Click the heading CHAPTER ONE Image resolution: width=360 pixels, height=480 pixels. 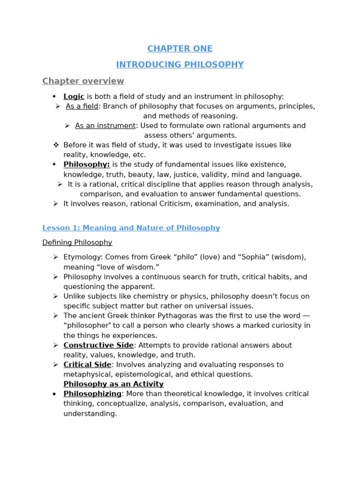pyautogui.click(x=180, y=49)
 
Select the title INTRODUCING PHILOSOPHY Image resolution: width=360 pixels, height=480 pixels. pyautogui.click(x=180, y=65)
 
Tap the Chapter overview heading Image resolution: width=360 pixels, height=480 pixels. pyautogui.click(x=83, y=81)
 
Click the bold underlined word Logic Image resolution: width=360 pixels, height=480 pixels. pyautogui.click(x=74, y=97)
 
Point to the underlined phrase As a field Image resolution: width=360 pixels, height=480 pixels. pyautogui.click(x=82, y=106)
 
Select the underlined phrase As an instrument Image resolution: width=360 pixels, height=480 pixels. pyautogui.click(x=105, y=126)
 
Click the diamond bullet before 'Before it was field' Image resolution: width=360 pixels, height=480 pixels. pyautogui.click(x=56, y=145)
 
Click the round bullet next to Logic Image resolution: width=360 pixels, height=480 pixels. pyautogui.click(x=54, y=97)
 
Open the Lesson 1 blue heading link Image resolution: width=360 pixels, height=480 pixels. pyautogui.click(x=131, y=228)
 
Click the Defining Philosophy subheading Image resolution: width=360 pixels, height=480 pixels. pyautogui.click(x=77, y=242)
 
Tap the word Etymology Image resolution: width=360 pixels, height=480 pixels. pyautogui.click(x=83, y=257)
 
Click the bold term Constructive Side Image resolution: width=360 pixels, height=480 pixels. pyautogui.click(x=98, y=345)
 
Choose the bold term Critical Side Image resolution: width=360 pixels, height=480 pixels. pyautogui.click(x=87, y=365)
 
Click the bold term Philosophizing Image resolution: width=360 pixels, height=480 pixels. pyautogui.click(x=92, y=394)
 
